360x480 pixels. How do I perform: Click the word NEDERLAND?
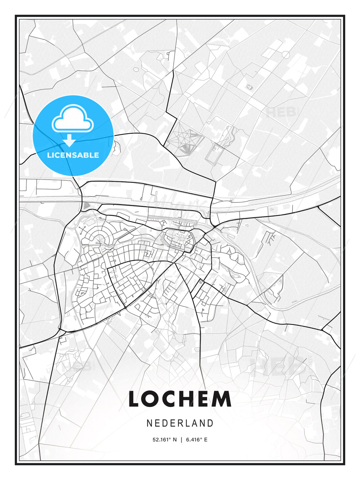(x=180, y=423)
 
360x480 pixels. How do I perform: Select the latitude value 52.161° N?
(x=165, y=440)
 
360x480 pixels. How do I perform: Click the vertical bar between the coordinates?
(x=181, y=440)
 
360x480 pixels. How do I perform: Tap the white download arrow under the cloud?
(x=69, y=140)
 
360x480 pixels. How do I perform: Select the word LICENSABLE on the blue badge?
(x=73, y=155)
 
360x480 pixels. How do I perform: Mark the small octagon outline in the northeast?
(x=286, y=55)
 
